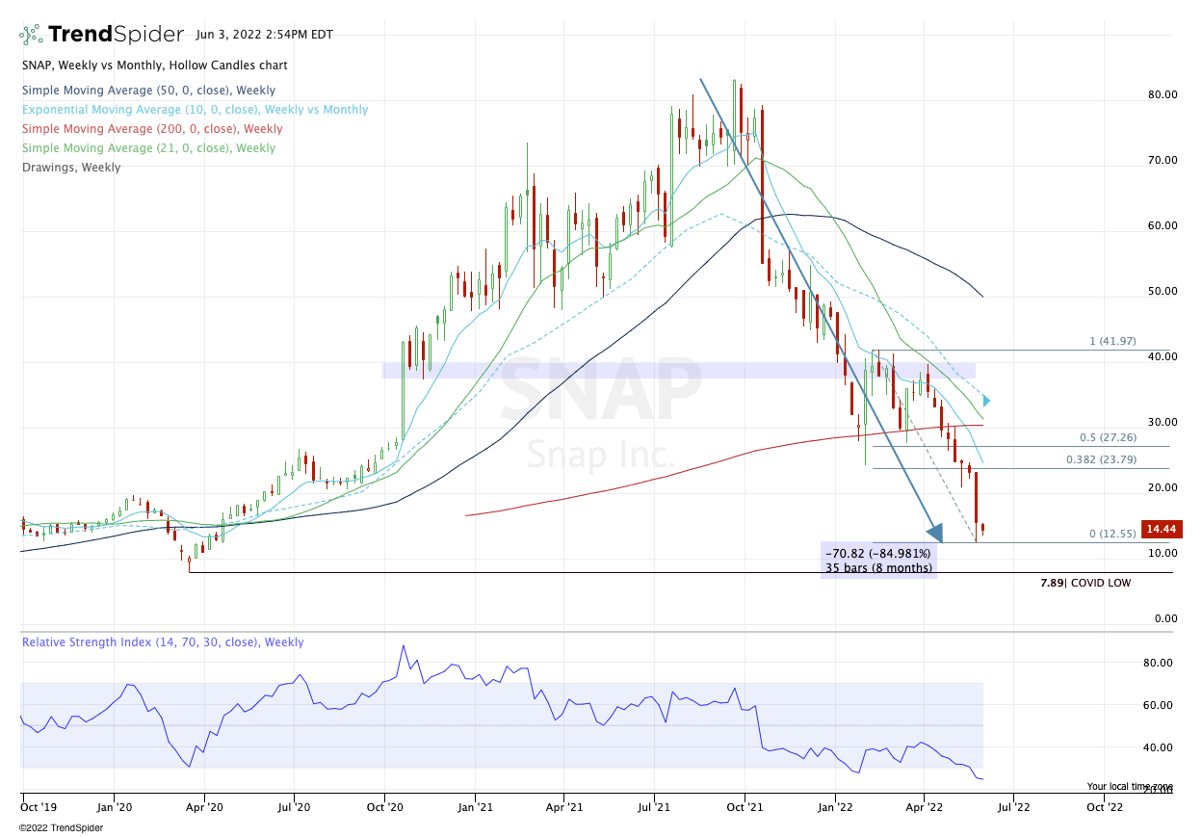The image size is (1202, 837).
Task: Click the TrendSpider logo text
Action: point(116,35)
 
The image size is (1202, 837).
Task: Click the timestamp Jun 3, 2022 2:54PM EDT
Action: point(264,35)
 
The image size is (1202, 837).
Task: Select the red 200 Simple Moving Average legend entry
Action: point(152,129)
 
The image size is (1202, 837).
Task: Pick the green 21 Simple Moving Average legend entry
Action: point(148,148)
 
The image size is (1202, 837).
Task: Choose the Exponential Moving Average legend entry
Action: point(195,110)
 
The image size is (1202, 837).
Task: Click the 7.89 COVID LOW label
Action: point(1085,583)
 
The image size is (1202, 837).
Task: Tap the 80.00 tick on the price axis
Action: point(1162,94)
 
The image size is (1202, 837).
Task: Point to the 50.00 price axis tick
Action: point(1162,291)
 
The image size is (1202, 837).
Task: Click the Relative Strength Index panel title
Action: point(163,642)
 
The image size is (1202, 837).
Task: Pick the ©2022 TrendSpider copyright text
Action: point(61,827)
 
